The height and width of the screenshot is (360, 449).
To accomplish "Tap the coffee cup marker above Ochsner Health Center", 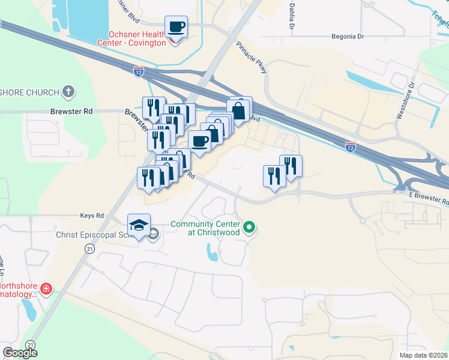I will click(x=176, y=27).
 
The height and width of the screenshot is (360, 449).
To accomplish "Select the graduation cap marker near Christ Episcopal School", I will click(x=139, y=225).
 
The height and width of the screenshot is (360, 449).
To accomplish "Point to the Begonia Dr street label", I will click(x=348, y=37).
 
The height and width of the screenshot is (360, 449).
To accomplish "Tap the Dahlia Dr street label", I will click(x=292, y=16).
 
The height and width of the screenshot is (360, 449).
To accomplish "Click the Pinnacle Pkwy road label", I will click(x=252, y=58).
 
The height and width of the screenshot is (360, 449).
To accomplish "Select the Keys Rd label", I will click(x=92, y=215).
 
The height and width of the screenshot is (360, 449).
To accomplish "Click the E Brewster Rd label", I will click(x=427, y=199).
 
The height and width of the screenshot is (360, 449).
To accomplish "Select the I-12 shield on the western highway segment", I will click(x=139, y=70).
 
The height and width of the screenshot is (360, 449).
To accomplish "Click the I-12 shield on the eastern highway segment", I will click(x=351, y=146).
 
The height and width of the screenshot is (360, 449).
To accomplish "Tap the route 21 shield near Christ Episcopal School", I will click(x=89, y=248).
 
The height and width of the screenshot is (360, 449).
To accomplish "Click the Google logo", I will click(x=20, y=353).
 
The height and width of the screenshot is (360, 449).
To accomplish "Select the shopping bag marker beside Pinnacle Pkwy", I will click(x=238, y=111).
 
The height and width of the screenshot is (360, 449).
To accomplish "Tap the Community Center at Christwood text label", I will click(x=205, y=228).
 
